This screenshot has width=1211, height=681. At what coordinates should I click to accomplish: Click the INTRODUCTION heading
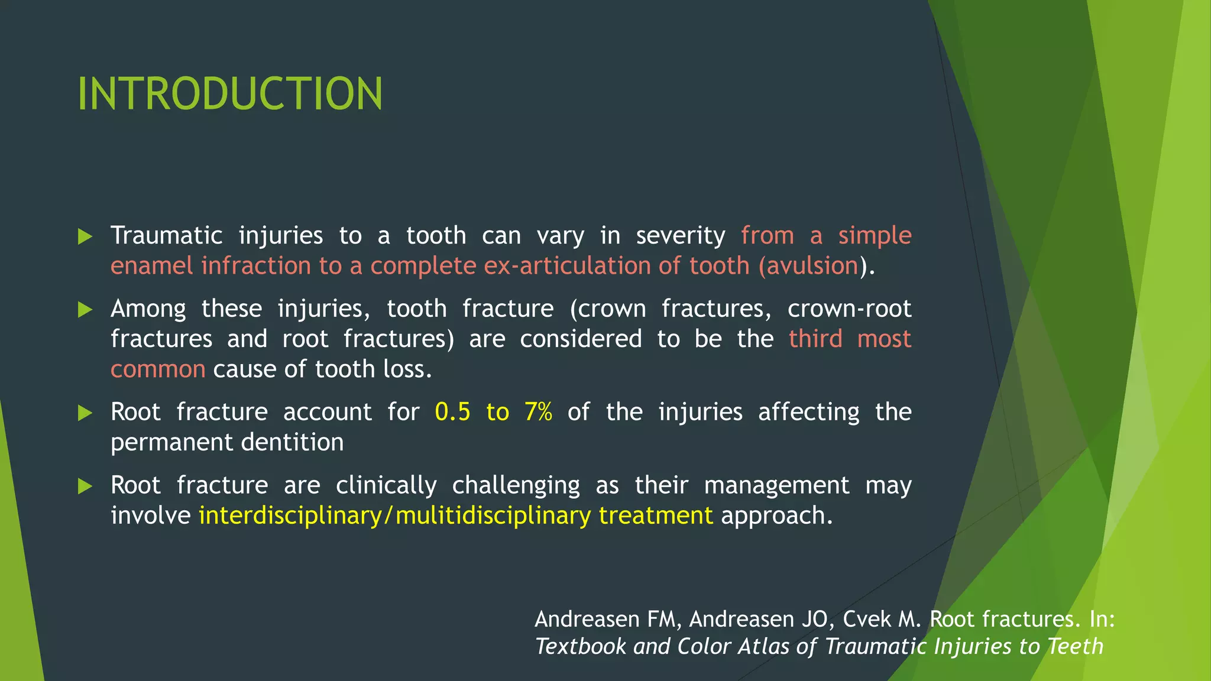[230, 94]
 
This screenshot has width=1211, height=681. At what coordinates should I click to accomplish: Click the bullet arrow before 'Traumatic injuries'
[86, 236]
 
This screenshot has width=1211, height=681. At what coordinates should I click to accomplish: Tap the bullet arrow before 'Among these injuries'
[86, 310]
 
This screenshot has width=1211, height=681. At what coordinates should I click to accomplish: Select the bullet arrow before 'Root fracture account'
[86, 413]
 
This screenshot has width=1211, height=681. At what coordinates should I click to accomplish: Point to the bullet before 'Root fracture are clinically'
[86, 486]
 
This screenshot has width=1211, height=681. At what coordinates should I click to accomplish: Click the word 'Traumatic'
[166, 236]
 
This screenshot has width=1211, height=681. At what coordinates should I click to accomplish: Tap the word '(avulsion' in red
[808, 266]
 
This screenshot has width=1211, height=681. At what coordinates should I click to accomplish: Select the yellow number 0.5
[452, 412]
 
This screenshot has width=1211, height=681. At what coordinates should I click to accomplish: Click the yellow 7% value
[538, 412]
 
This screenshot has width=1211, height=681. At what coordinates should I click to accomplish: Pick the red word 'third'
[815, 339]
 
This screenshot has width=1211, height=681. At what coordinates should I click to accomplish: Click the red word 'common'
[158, 369]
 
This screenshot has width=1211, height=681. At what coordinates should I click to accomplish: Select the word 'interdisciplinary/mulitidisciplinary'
[394, 516]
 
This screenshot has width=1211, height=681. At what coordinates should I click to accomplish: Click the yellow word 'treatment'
[656, 516]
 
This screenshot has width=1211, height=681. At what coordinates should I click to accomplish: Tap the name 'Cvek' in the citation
[866, 619]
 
